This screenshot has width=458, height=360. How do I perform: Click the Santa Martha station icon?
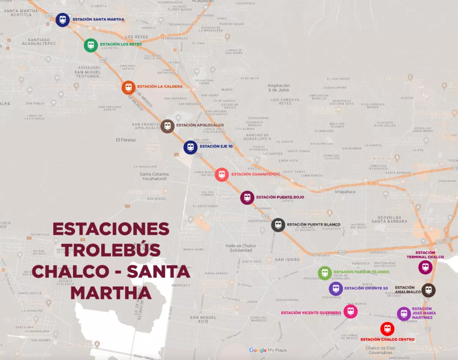(63, 20)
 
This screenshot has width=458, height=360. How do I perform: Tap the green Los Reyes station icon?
(91, 45)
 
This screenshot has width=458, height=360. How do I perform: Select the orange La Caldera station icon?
(129, 87)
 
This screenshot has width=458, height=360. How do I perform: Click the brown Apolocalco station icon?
(168, 126)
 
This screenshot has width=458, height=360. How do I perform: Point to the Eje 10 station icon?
(190, 147)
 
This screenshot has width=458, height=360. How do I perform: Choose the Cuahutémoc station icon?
(222, 175)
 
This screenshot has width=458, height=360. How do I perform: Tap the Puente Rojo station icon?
(247, 198)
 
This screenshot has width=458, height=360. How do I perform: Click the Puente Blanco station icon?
(278, 225)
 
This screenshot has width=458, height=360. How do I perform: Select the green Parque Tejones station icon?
(325, 273)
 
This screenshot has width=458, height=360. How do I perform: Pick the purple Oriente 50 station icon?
(336, 289)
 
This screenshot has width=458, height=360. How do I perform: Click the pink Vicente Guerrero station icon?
(350, 312)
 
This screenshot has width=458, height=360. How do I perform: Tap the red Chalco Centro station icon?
(387, 329)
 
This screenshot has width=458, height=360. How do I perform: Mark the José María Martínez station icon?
(404, 314)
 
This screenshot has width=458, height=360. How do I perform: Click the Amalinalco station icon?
(429, 290)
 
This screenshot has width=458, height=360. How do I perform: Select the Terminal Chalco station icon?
(426, 267)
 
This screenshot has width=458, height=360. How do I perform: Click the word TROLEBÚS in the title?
(112, 250)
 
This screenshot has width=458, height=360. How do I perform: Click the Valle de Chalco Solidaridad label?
(241, 248)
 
